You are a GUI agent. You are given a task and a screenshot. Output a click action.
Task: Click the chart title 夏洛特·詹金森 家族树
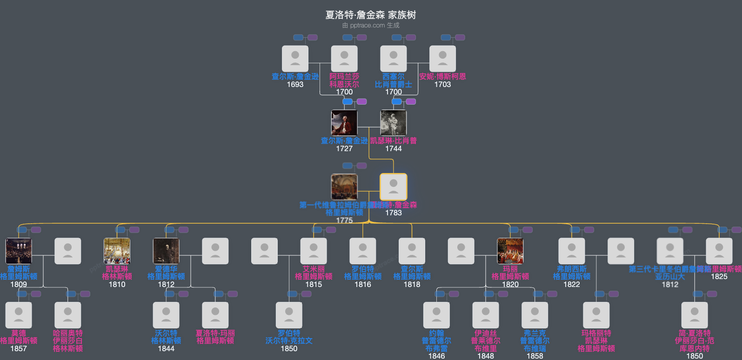click(370, 15)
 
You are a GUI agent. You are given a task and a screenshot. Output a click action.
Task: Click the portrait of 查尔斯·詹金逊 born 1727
click(344, 123)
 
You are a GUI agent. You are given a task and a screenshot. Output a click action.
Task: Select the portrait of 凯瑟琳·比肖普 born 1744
click(394, 123)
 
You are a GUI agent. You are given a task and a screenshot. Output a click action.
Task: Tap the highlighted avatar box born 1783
click(394, 187)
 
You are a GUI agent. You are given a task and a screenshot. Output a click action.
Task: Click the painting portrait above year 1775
click(344, 187)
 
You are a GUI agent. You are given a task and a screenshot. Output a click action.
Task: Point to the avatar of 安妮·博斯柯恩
click(442, 59)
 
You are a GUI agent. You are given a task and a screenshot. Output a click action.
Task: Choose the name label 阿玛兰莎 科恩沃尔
click(344, 80)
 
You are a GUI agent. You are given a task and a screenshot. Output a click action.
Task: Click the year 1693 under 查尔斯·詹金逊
click(295, 85)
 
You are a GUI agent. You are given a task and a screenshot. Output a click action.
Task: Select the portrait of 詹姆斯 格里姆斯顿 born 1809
click(19, 251)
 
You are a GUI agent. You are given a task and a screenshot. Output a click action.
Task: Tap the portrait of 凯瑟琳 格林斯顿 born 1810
click(117, 251)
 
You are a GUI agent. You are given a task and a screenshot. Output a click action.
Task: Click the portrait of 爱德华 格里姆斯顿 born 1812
click(166, 251)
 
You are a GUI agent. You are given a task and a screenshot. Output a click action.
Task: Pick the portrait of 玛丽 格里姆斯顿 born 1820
click(510, 251)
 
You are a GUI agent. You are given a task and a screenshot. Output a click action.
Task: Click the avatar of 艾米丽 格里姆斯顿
click(314, 251)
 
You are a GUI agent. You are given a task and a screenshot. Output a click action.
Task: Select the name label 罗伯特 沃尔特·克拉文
click(289, 337)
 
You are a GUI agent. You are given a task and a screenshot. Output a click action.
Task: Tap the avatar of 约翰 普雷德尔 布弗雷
click(436, 315)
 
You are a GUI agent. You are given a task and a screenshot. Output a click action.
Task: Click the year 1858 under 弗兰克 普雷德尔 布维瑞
click(535, 356)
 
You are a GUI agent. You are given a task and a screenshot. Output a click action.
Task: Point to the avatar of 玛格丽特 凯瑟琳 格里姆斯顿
click(596, 315)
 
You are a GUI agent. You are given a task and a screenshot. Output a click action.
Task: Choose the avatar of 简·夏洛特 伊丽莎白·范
click(695, 315)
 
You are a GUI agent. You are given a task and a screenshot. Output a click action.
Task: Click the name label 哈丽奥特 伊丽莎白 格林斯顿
click(68, 341)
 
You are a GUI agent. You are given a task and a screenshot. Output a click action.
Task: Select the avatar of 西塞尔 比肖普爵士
click(394, 59)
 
